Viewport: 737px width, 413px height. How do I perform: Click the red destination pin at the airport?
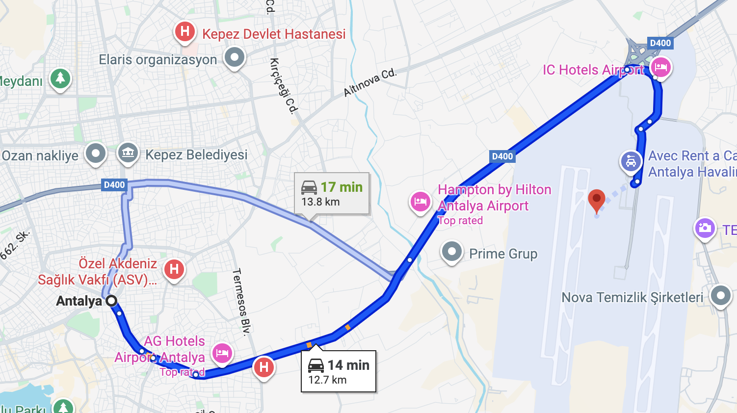pos(596,199)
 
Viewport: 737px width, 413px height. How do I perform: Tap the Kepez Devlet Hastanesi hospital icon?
pos(185,32)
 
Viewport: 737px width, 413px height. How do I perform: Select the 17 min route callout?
pos(332,194)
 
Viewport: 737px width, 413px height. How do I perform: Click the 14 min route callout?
pos(339,371)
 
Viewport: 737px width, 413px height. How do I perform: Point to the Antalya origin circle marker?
pos(112,301)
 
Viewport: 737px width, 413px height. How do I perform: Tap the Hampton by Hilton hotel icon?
pos(421,202)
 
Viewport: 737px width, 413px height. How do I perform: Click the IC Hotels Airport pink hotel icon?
pos(660,67)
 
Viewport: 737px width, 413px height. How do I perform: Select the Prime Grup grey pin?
pos(451,252)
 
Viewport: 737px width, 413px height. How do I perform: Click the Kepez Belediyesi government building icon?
pos(128,153)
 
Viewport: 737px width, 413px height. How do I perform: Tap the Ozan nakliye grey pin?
pos(96,154)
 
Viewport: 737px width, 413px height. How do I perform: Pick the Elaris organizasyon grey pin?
pos(235,57)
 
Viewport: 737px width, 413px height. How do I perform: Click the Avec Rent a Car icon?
pos(631,161)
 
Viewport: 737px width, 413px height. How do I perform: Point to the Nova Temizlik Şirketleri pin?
pos(720,295)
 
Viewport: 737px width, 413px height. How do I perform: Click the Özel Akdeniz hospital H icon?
pos(174,269)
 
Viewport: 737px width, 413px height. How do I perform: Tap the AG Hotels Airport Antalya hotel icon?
pos(222,353)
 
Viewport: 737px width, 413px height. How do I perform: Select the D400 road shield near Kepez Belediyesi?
pos(114,185)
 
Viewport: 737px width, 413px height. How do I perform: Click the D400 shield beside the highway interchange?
pos(660,43)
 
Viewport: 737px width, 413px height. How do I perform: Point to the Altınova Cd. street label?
pos(369,82)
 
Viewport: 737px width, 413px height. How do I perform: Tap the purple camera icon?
pos(705,228)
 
